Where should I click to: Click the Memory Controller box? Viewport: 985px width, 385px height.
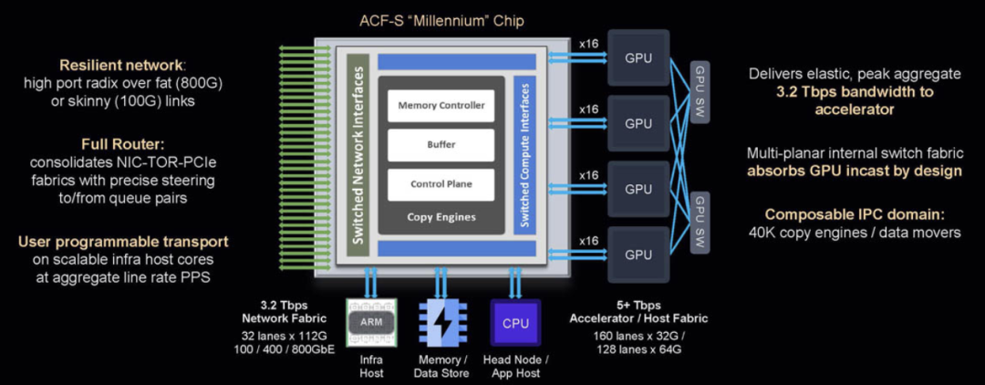click(441, 106)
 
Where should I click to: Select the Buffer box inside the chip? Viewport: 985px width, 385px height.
click(441, 145)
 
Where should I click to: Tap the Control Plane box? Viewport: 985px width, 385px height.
click(441, 184)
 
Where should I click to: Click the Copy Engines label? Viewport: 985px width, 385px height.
click(441, 217)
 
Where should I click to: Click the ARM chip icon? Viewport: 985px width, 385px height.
click(371, 322)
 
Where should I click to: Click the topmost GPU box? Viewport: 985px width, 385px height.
click(638, 57)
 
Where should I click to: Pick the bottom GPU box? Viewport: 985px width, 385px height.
click(638, 255)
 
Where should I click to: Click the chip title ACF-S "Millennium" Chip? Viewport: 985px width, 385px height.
click(440, 21)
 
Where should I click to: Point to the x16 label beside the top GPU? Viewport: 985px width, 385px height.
click(588, 44)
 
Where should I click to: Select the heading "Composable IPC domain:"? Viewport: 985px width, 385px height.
click(855, 214)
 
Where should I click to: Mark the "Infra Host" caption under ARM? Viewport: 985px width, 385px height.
click(371, 367)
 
